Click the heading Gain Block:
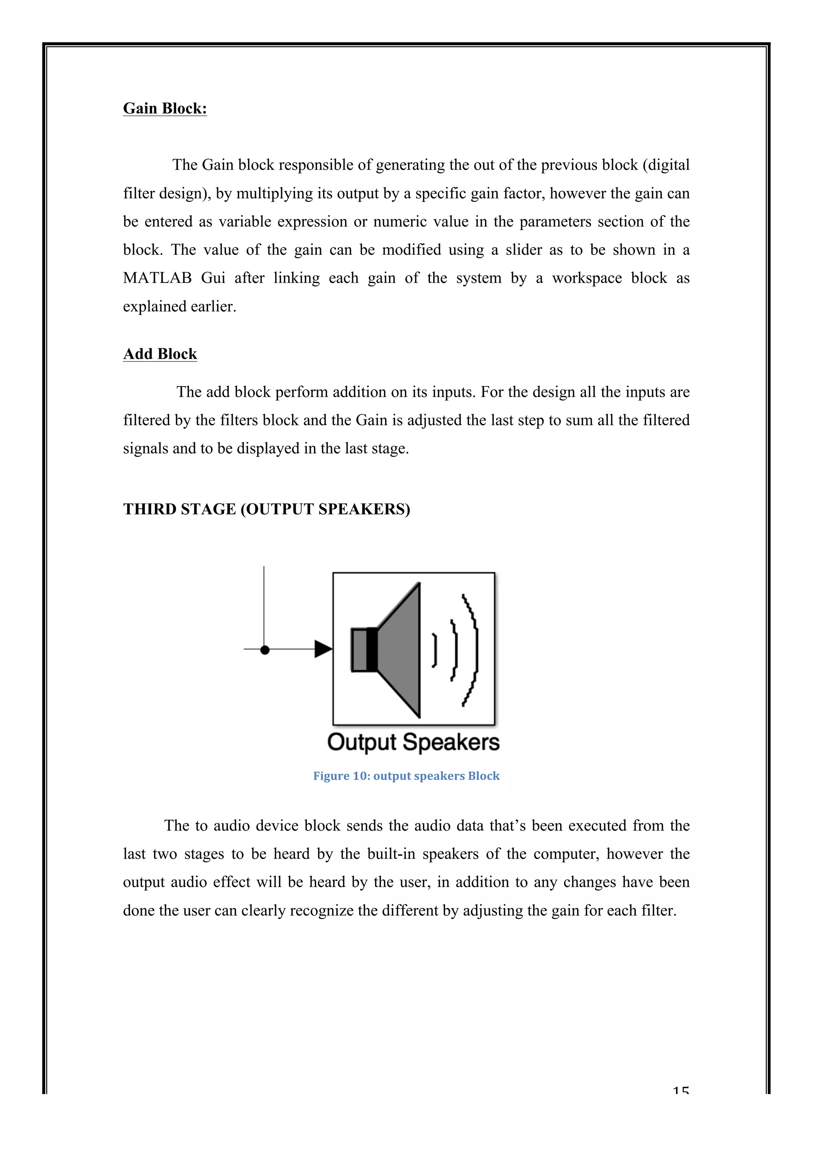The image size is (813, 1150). (x=165, y=109)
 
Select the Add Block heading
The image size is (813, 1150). (x=160, y=354)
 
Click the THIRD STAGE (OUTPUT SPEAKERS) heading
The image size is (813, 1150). (x=266, y=510)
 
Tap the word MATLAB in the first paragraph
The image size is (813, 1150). (x=157, y=279)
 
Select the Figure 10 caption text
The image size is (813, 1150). (x=406, y=776)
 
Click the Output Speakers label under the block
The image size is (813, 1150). (x=413, y=742)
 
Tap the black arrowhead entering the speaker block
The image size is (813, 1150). (x=323, y=649)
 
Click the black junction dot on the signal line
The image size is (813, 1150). (x=265, y=650)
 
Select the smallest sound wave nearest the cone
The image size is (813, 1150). (x=435, y=650)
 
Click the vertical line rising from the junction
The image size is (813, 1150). (x=264, y=606)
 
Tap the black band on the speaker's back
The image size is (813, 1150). (x=372, y=650)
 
